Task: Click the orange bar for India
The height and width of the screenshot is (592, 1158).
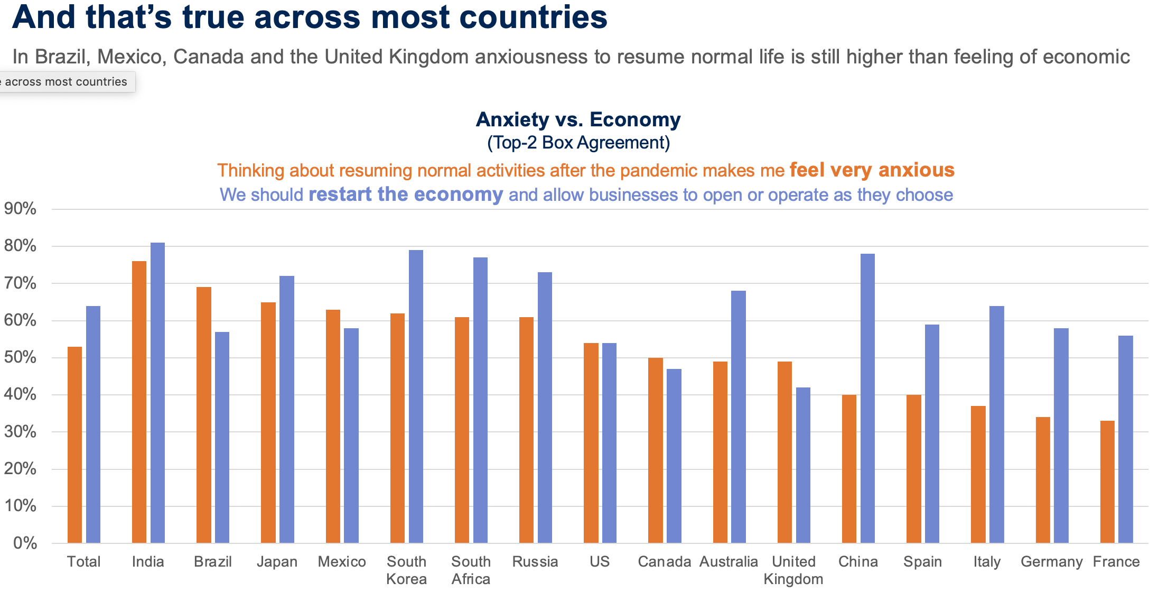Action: click(139, 402)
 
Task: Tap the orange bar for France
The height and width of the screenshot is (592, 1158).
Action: click(1107, 482)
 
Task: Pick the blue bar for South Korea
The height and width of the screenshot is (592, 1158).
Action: click(416, 396)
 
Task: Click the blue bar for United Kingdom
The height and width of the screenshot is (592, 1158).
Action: click(803, 465)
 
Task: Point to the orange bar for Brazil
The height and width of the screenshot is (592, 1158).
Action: click(204, 415)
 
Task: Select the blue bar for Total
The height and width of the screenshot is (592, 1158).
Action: click(93, 424)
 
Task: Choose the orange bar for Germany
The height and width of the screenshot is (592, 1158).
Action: click(1043, 480)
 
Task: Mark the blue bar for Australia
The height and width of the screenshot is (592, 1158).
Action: click(739, 417)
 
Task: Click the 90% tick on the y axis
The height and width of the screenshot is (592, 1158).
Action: click(20, 209)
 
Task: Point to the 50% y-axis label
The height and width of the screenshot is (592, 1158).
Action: click(20, 357)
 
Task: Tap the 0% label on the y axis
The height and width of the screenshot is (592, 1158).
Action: click(24, 543)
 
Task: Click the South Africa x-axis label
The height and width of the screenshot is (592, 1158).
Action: click(471, 570)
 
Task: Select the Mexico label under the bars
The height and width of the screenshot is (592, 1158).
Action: click(342, 561)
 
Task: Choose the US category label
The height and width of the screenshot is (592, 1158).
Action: click(600, 561)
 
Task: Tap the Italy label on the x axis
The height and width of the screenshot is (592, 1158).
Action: click(987, 561)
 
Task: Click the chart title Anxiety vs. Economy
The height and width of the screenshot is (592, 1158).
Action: click(578, 119)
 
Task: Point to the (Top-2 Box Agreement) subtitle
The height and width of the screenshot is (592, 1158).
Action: click(578, 143)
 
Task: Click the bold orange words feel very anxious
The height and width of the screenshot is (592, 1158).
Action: click(872, 170)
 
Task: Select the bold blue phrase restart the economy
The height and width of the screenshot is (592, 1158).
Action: click(406, 195)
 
